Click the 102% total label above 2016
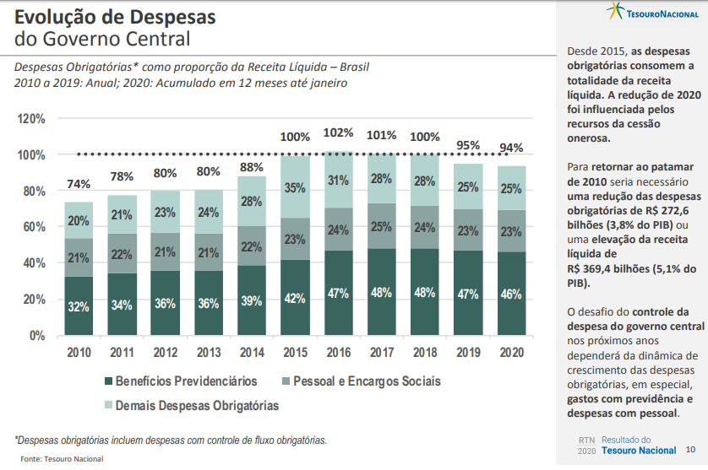(x=338, y=133)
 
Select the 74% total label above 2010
(x=79, y=185)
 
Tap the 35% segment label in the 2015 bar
(x=295, y=188)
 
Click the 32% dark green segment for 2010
(x=79, y=306)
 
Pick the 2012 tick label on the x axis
(x=165, y=352)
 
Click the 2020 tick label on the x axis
(x=510, y=352)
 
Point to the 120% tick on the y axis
(x=31, y=119)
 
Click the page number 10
(x=690, y=450)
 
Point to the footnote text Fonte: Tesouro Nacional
(x=62, y=459)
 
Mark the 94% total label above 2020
(x=510, y=149)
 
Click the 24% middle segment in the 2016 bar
(x=338, y=230)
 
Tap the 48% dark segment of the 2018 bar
(x=424, y=293)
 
